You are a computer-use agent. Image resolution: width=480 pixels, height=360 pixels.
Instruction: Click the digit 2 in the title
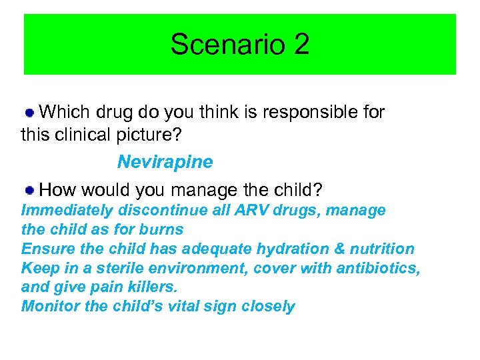click(300, 45)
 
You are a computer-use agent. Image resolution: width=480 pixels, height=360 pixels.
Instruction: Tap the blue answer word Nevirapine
click(165, 162)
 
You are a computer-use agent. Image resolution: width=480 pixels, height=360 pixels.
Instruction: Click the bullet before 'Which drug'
click(30, 112)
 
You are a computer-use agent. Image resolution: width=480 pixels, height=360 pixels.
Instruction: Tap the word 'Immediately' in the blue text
click(67, 211)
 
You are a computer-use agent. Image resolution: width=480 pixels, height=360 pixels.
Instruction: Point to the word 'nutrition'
click(379, 249)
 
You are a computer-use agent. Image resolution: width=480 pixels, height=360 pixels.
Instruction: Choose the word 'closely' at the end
click(269, 307)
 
